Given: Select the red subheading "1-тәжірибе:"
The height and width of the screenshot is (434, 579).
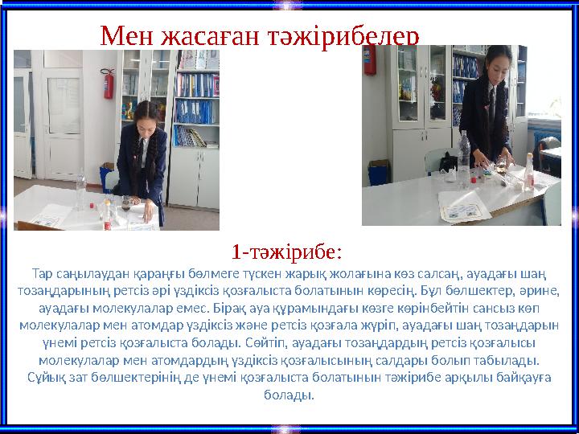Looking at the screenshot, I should [x=287, y=252].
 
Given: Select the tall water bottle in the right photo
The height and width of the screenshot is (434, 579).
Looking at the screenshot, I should [x=464, y=152].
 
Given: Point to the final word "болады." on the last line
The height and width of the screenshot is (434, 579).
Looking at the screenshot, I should [x=289, y=395].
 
